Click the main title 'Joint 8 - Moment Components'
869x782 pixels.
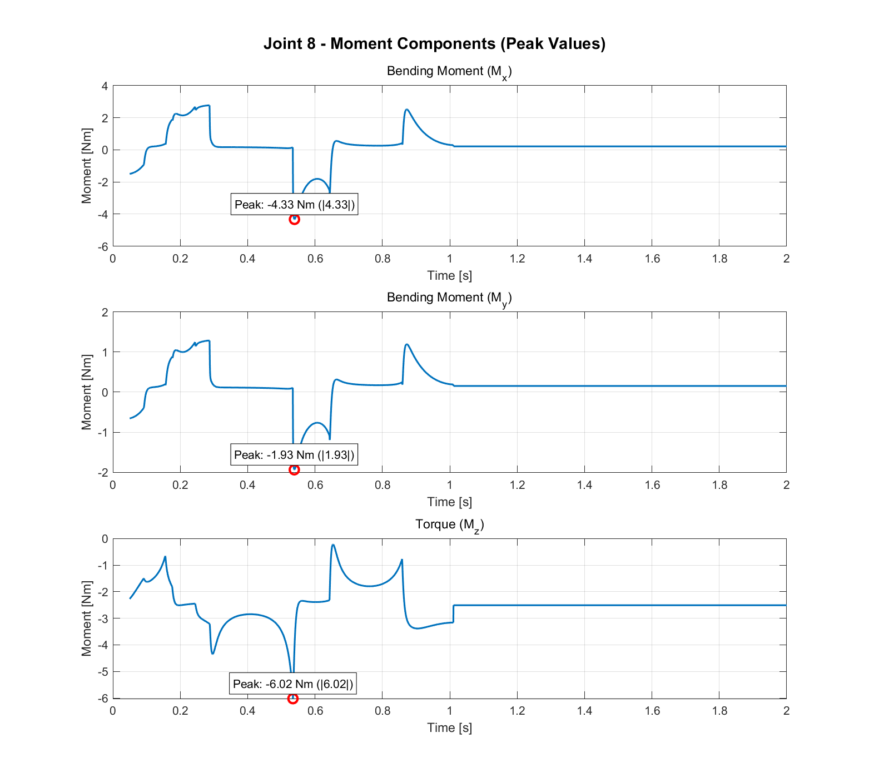tap(434, 43)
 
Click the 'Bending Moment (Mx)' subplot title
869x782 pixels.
tap(449, 72)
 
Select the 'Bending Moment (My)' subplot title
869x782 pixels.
tap(449, 298)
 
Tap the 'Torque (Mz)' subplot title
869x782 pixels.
tap(449, 524)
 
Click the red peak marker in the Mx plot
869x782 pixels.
tap(295, 219)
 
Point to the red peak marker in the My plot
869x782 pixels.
tap(295, 469)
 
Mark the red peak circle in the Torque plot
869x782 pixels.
tap(293, 698)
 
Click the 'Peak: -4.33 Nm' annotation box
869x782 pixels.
tap(294, 205)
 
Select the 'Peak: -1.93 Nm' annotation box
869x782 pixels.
tap(294, 455)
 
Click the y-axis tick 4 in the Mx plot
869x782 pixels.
tap(105, 86)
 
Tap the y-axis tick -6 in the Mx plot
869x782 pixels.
tap(103, 246)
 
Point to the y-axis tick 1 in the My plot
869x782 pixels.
tap(105, 352)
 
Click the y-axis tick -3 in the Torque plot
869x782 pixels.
tap(103, 618)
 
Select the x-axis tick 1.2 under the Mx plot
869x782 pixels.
tap(517, 259)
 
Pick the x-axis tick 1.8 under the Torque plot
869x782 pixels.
tap(719, 711)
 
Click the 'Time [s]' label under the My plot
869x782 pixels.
tap(449, 502)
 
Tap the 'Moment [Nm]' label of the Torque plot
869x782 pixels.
tap(86, 618)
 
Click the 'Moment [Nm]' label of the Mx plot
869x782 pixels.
tap(86, 166)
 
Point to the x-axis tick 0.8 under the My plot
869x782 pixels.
tap(383, 485)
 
